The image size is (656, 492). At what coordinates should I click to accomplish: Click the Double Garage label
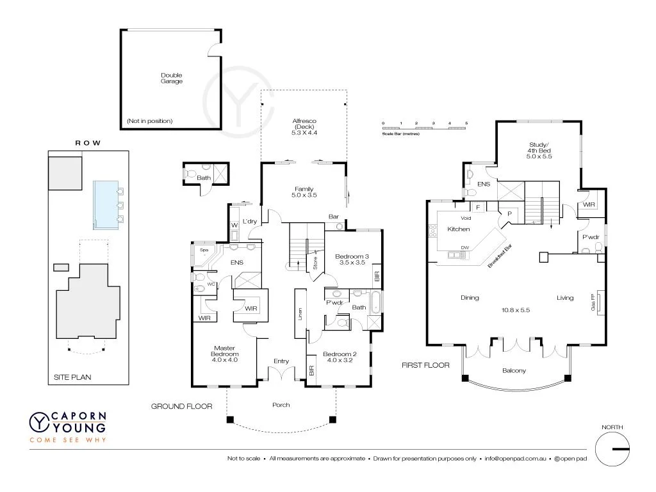coord(171,78)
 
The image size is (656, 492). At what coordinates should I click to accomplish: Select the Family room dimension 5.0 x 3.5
coord(304,195)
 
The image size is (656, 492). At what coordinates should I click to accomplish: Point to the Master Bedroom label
coord(225,351)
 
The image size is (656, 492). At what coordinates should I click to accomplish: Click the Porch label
coord(281,405)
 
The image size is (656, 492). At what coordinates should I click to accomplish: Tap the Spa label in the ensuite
coord(204,250)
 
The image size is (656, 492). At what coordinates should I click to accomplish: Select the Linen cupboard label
coord(300,314)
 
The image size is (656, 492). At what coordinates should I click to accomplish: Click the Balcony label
coord(514,371)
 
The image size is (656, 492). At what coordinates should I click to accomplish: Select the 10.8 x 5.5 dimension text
coord(515,309)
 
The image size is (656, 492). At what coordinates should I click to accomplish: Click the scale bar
coord(425,129)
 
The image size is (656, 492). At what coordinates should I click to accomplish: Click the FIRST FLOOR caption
coord(425,365)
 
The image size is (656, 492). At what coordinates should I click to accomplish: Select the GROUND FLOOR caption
coord(177,406)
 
